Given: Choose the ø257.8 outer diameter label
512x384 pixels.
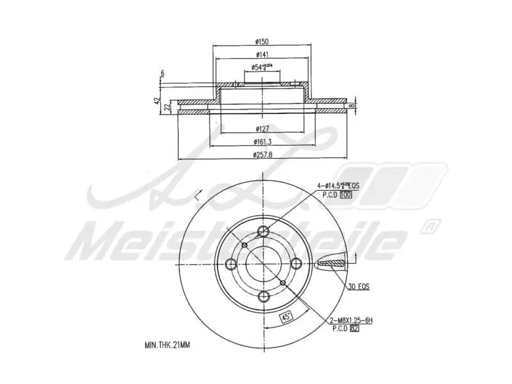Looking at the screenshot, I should tap(262, 154).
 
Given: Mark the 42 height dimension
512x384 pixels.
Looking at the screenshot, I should tap(157, 101).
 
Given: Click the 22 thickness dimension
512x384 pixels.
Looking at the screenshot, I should tap(167, 106).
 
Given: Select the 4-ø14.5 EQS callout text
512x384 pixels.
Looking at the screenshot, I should tap(338, 186).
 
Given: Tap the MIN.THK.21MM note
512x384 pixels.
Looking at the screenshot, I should tap(167, 344).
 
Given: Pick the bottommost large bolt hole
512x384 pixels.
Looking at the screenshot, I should tap(262, 296).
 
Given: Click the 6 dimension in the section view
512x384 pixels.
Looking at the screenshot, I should tap(163, 74).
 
